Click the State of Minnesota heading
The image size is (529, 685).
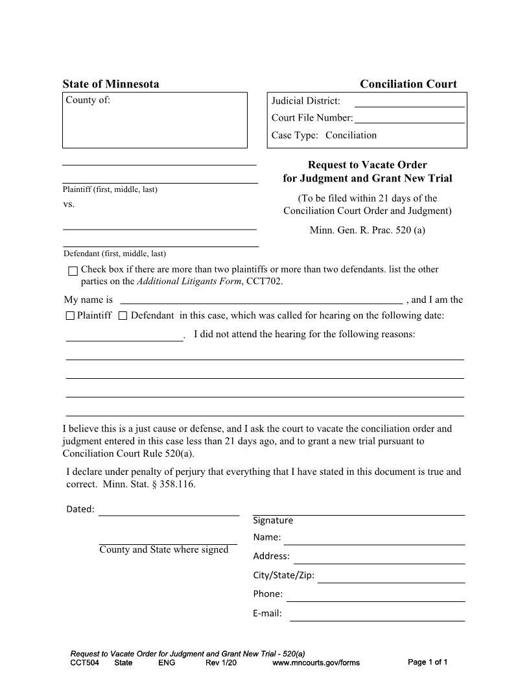coord(110,84)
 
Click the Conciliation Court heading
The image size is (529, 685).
coord(408,84)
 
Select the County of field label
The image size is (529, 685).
coord(88,100)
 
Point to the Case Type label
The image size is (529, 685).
coord(295,135)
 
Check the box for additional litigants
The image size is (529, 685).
coord(73,270)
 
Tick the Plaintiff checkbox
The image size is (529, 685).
coord(71,316)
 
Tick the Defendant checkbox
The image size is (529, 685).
coord(123,316)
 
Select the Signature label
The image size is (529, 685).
coord(273,520)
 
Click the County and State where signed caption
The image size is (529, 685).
coord(163,549)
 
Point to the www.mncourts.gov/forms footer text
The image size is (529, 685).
coord(316,662)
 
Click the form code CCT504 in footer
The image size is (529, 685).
coord(84,662)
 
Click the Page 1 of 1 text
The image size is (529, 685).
coord(428,662)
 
